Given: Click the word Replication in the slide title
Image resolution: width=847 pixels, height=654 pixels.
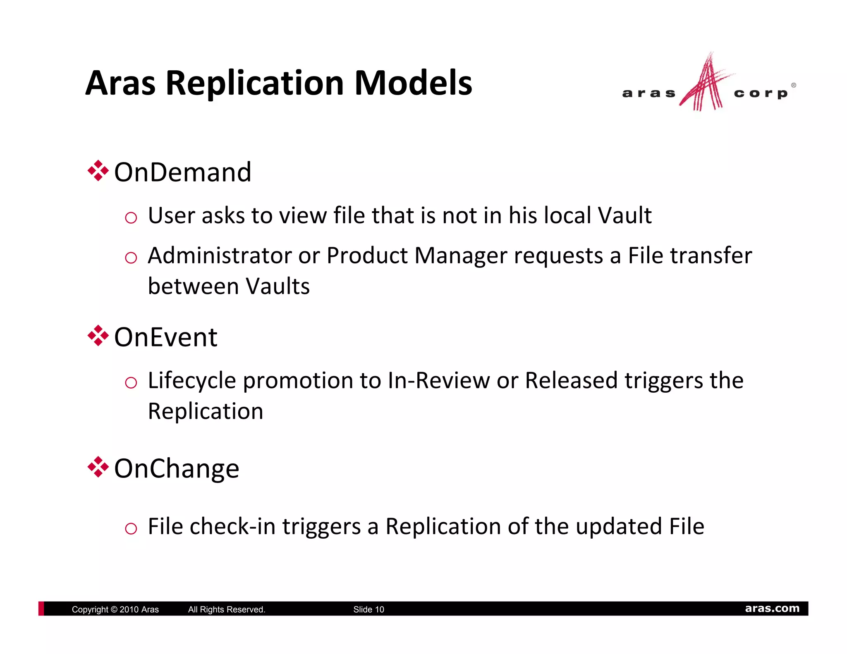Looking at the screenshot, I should pyautogui.click(x=255, y=83).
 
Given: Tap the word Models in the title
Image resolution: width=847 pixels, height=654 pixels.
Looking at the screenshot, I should pyautogui.click(x=413, y=83).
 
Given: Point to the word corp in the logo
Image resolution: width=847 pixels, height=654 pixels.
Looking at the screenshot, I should pyautogui.click(x=761, y=93).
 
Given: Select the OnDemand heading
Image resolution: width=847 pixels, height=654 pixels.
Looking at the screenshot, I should pyautogui.click(x=182, y=172).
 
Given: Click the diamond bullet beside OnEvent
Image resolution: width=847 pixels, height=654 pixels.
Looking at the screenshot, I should pyautogui.click(x=98, y=335).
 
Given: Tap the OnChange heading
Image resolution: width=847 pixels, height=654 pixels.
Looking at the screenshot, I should pyautogui.click(x=177, y=468).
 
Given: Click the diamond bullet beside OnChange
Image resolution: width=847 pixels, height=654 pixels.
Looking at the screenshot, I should pyautogui.click(x=98, y=467).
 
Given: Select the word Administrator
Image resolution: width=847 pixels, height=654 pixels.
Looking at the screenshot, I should pyautogui.click(x=220, y=255).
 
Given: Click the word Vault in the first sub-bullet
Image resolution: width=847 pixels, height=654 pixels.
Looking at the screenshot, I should pyautogui.click(x=624, y=215).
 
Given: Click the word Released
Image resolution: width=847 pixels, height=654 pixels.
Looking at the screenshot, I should pyautogui.click(x=571, y=381).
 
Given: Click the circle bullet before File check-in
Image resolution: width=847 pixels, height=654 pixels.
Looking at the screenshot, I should pyautogui.click(x=131, y=528).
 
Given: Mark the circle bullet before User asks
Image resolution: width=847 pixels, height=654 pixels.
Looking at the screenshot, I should pyautogui.click(x=131, y=217).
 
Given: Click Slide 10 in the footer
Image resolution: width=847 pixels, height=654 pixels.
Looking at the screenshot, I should pyautogui.click(x=368, y=609).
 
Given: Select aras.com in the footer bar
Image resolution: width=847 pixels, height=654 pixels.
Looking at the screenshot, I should pyautogui.click(x=772, y=609).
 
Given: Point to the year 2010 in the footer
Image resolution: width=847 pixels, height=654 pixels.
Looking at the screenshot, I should pyautogui.click(x=129, y=609).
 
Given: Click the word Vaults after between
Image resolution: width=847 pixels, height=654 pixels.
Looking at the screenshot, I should pyautogui.click(x=278, y=286).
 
